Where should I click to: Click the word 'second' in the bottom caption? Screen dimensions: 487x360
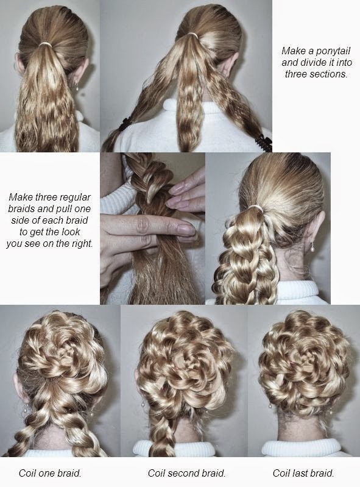[x=187, y=473]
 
